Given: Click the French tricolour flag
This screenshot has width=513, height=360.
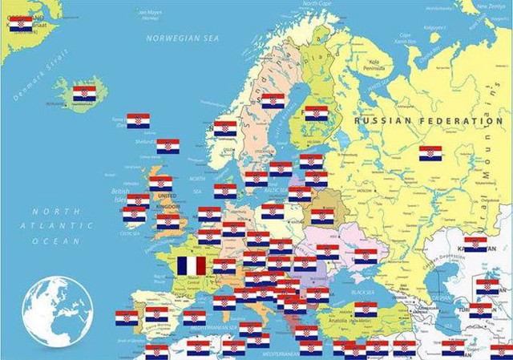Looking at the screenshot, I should click(x=191, y=265).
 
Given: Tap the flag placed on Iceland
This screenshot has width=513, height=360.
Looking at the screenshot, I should click(x=84, y=94).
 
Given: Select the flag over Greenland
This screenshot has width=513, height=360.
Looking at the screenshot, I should click(x=22, y=23).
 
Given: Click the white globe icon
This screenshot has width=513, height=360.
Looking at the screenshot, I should click(x=58, y=311).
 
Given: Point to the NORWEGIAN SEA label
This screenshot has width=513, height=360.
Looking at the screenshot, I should click(x=182, y=38).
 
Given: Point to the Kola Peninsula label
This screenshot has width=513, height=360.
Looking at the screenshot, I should click(x=374, y=64).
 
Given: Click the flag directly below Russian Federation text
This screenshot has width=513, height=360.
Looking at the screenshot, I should click(x=430, y=153).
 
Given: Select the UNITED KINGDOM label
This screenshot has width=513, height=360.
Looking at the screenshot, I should click(x=167, y=200).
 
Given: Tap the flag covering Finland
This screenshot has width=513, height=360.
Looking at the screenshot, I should click(x=317, y=114).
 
